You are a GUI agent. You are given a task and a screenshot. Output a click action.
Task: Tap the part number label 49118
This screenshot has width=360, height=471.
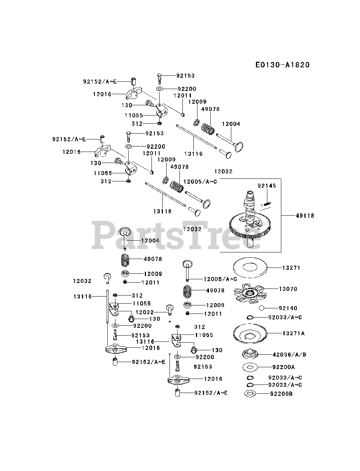pyautogui.click(x=304, y=216)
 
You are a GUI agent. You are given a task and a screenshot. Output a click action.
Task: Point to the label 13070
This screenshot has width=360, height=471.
pyautogui.click(x=288, y=289)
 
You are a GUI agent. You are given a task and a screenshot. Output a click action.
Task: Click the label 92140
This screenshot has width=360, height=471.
pyautogui.click(x=288, y=308)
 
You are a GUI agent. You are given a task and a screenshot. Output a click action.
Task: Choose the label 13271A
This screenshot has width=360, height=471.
pyautogui.click(x=293, y=333)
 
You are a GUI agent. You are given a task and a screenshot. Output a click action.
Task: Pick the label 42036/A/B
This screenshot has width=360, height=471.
pyautogui.click(x=289, y=355)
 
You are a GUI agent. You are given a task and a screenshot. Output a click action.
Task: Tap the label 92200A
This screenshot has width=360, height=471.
pyautogui.click(x=284, y=367)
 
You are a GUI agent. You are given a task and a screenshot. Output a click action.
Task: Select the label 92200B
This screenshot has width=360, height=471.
pyautogui.click(x=282, y=394)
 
